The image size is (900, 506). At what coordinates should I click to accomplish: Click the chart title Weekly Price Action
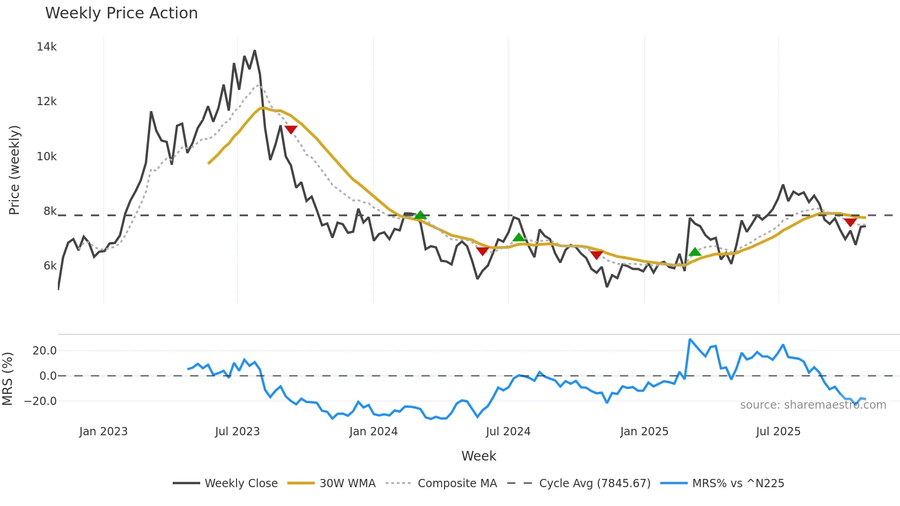121,13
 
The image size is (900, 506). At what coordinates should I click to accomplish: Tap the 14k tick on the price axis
46,47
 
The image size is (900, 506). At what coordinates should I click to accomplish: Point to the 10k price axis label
46,157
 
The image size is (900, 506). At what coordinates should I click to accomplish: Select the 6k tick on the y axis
50,266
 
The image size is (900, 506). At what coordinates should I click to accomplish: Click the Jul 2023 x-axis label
237,432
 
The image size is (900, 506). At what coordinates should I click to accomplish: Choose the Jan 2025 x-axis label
644,432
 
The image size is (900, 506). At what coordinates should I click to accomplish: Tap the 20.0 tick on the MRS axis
45,351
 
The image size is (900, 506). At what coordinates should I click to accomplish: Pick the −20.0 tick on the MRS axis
40,401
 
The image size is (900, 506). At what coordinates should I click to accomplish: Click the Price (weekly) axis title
14,170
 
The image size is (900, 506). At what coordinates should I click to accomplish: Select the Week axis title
478,456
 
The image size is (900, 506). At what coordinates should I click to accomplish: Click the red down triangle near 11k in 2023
291,129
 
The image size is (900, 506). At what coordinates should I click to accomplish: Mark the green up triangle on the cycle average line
420,215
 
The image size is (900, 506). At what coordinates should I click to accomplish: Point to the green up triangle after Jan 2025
695,252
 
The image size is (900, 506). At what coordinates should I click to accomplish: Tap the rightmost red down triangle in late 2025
850,222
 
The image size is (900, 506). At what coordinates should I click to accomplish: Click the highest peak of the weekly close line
254,51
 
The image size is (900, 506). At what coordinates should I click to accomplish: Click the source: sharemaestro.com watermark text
813,405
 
